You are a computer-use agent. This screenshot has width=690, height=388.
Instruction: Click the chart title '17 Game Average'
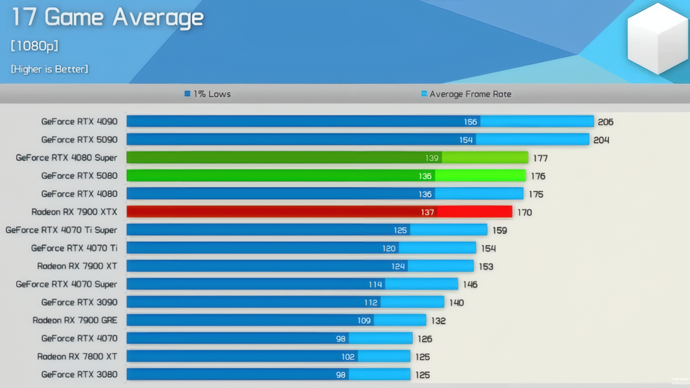point(107,17)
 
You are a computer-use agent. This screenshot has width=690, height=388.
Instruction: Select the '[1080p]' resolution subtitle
point(35,46)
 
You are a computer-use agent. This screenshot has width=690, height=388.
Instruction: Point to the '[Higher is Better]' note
point(50,69)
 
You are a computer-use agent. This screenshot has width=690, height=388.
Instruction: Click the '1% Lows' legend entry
point(208,94)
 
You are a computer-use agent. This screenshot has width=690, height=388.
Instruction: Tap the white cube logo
point(657,38)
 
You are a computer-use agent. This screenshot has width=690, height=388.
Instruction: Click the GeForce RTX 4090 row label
point(80,121)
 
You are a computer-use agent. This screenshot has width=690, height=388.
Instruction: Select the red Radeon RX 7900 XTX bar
point(319,211)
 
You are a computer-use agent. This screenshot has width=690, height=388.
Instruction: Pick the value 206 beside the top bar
point(605,122)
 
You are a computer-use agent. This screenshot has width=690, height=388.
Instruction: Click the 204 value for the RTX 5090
point(601,140)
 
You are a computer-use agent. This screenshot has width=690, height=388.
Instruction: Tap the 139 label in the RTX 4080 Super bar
point(432,158)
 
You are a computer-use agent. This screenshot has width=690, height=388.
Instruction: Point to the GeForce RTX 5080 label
point(80,175)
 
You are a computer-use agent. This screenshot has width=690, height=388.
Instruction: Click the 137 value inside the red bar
point(427,212)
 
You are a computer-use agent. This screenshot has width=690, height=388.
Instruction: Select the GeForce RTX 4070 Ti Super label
point(61,230)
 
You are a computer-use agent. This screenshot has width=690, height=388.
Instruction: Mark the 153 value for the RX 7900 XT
point(485,266)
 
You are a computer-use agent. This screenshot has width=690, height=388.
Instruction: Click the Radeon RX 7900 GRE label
point(75,320)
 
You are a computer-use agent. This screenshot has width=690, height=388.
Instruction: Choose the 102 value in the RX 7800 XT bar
point(348,357)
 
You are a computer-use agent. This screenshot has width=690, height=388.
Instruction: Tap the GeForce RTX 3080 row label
point(80,374)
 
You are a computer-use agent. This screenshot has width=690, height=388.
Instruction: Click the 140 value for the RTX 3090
point(456,303)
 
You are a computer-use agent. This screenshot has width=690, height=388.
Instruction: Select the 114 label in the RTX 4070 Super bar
point(375,285)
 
